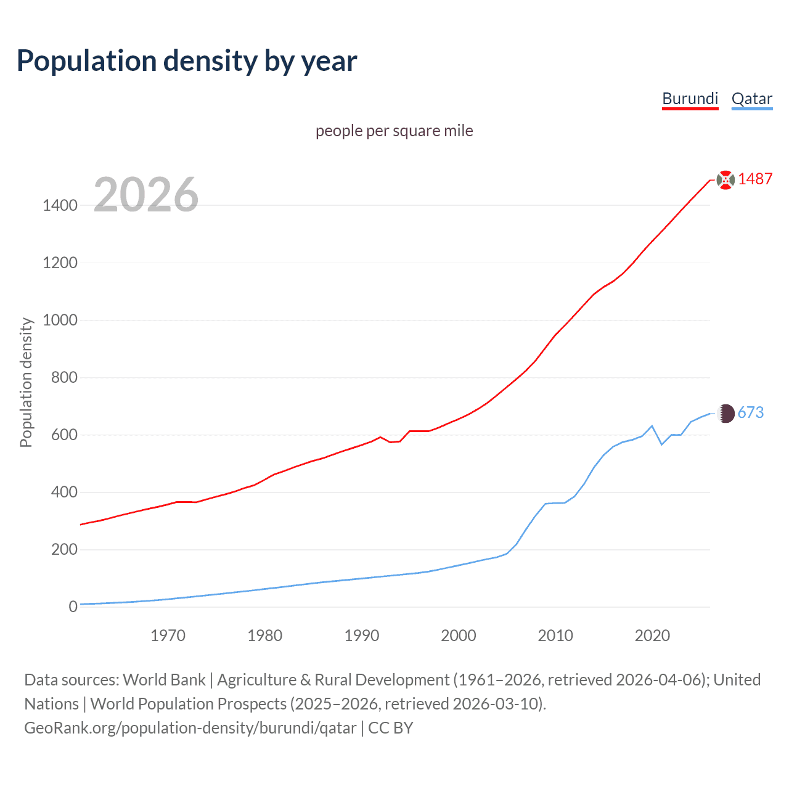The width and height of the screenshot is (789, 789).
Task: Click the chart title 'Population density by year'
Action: click(x=187, y=61)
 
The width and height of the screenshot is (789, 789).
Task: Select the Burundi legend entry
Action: click(x=690, y=99)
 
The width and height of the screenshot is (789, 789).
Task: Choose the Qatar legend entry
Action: click(x=751, y=99)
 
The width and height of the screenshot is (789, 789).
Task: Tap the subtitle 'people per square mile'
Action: click(x=394, y=131)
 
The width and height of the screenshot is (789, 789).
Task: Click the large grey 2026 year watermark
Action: click(x=146, y=195)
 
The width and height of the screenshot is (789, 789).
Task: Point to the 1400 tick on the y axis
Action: click(x=60, y=205)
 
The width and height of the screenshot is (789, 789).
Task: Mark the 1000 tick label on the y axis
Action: click(x=60, y=320)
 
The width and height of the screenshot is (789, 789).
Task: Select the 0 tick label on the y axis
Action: click(x=73, y=607)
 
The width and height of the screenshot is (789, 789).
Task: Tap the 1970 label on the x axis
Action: click(x=168, y=636)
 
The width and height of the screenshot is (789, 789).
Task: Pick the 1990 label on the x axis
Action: click(x=362, y=636)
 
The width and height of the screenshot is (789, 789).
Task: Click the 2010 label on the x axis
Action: click(x=555, y=636)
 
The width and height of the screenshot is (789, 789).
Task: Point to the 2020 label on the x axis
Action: click(x=652, y=636)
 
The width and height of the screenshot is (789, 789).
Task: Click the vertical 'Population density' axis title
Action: click(x=26, y=382)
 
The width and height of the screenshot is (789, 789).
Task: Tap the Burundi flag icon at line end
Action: click(x=726, y=179)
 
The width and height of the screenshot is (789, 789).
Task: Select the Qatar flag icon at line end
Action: click(x=726, y=413)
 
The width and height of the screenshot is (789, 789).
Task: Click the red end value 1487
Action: click(x=755, y=179)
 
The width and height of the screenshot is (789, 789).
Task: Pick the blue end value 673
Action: click(x=750, y=412)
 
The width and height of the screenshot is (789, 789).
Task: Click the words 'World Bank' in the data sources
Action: click(x=164, y=679)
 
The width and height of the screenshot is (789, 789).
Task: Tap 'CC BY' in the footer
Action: click(x=390, y=727)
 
